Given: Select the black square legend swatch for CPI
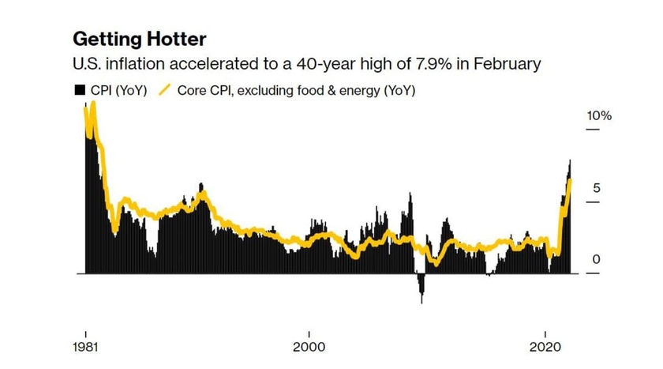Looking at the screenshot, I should tap(79, 90).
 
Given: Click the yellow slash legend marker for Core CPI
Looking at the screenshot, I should tap(166, 90).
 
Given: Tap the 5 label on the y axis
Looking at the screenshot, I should tap(597, 189).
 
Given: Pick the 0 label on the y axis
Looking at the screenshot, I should tap(597, 260).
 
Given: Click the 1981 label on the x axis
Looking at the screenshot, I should tap(85, 348).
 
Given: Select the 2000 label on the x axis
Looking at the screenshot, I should tap(309, 348).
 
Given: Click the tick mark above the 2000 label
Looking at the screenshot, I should tap(309, 333).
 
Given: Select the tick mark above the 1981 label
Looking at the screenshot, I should tap(85, 333).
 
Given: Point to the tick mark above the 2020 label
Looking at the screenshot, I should tap(547, 333).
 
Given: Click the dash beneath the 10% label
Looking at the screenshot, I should tap(592, 130).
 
